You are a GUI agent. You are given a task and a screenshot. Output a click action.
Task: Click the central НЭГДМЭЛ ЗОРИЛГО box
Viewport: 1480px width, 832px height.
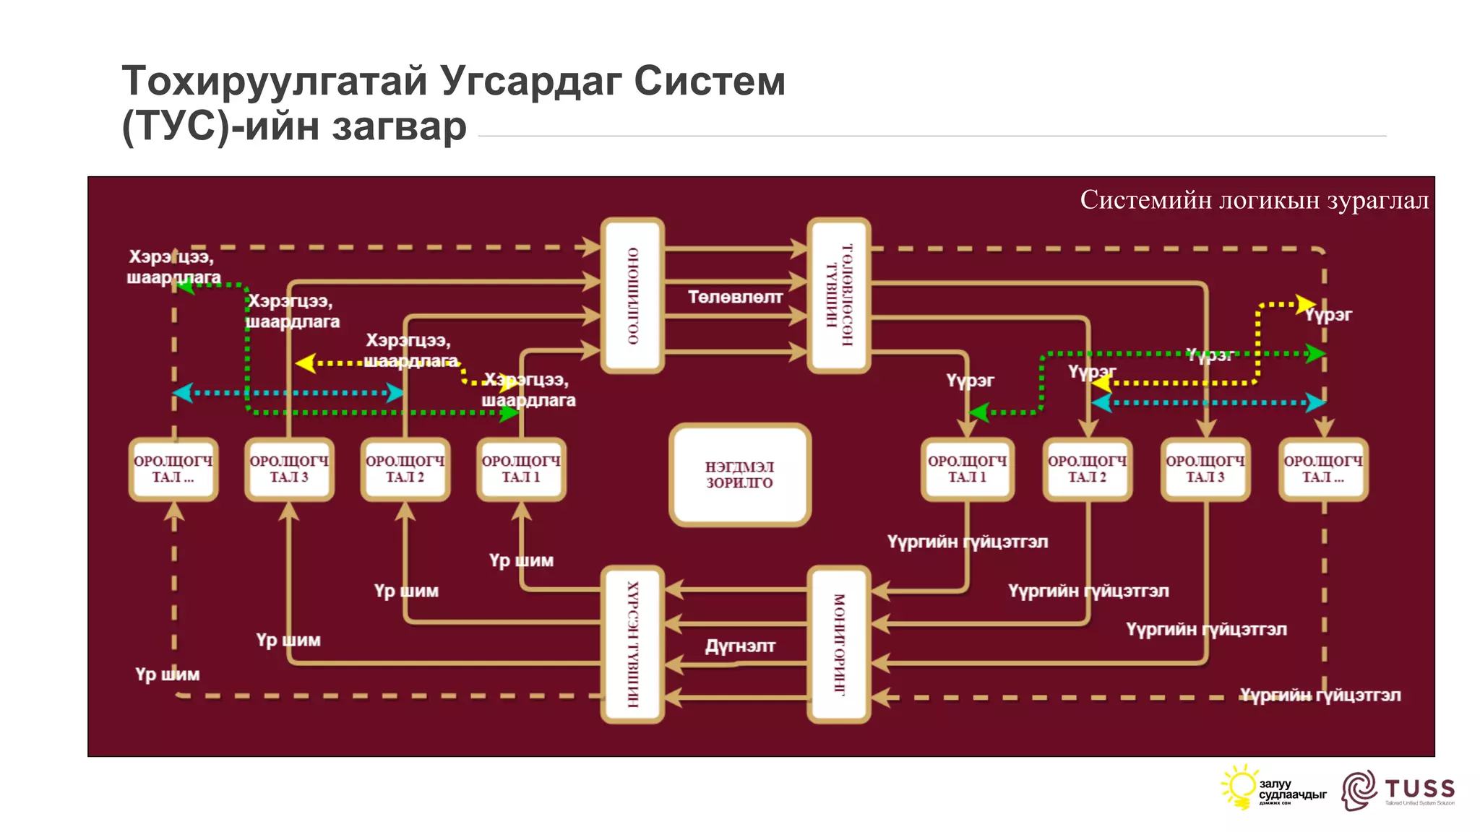(740, 474)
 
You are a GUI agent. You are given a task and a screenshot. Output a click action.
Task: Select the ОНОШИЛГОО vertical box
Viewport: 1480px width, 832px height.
(632, 295)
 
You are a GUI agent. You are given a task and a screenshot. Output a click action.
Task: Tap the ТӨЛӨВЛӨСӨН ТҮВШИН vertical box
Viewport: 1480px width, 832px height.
(839, 295)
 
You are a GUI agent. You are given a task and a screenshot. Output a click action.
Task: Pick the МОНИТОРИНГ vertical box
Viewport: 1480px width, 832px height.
(839, 644)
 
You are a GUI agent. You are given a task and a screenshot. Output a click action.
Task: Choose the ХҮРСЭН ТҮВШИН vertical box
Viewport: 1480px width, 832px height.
(632, 644)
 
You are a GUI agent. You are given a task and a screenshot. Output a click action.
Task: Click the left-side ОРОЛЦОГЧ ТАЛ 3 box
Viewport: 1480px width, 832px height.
(289, 469)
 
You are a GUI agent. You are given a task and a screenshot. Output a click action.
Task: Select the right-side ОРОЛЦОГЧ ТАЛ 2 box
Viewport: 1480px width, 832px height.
(1087, 469)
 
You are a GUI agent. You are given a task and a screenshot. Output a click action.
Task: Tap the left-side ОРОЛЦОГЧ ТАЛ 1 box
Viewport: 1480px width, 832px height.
(521, 469)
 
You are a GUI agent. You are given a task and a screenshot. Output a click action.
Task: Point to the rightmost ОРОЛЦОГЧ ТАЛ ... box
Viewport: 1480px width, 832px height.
(1322, 469)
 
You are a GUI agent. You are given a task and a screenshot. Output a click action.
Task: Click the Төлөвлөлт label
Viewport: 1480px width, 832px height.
(735, 297)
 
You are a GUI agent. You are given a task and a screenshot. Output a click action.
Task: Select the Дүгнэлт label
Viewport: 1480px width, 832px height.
(740, 646)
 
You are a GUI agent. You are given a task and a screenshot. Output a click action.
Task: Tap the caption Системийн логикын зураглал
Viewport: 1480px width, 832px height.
(1254, 200)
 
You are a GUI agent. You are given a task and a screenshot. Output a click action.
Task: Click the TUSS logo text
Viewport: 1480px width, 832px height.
(1419, 788)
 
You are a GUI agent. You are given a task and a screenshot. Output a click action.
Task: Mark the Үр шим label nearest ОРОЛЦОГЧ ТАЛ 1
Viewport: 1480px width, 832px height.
(521, 560)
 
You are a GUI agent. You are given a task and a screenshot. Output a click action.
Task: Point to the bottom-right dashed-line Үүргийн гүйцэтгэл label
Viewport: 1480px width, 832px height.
(1320, 695)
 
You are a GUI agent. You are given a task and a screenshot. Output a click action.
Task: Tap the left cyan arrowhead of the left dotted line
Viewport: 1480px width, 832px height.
(182, 393)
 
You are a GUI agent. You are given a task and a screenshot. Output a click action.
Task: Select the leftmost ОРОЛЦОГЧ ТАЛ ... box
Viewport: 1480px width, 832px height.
(173, 469)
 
